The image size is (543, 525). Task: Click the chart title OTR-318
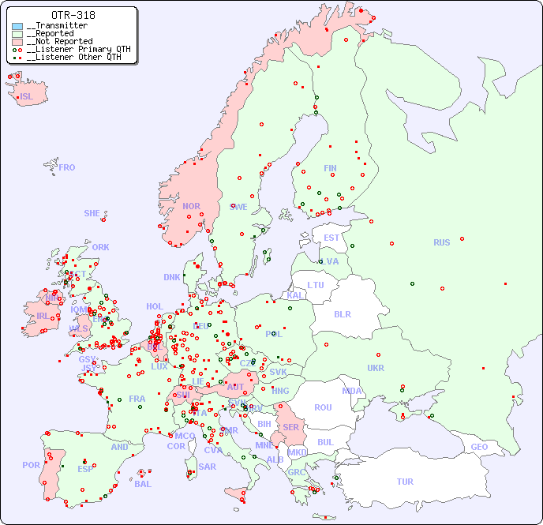(x=73, y=15)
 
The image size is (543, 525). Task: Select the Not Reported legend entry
(x=59, y=41)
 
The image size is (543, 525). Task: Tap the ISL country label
(x=27, y=97)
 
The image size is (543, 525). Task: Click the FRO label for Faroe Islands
(x=67, y=167)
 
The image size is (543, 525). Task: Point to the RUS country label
(x=441, y=242)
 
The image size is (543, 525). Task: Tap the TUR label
(x=405, y=482)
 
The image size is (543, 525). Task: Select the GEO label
(x=479, y=447)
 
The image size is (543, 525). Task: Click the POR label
(x=31, y=465)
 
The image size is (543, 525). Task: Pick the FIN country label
(x=330, y=168)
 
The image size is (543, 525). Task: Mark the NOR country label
(x=191, y=206)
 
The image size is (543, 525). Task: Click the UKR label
(x=376, y=368)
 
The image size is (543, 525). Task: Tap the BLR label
(x=342, y=313)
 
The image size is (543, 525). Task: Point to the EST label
(x=331, y=238)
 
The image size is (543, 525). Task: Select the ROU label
(x=323, y=407)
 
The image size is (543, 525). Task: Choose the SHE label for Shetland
(x=92, y=213)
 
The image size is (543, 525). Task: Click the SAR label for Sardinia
(x=208, y=467)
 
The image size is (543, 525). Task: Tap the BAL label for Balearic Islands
(x=143, y=484)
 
